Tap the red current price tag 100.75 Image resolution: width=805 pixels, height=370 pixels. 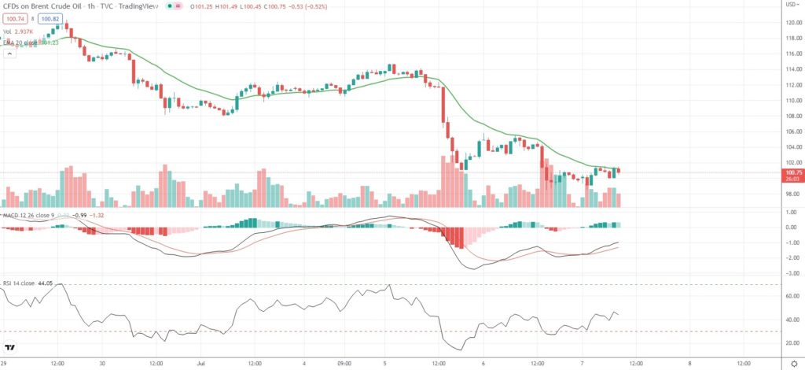(789, 172)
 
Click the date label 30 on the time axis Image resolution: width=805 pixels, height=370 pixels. (104, 364)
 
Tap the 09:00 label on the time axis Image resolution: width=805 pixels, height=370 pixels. (344, 364)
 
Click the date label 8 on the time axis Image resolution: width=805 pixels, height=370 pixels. (689, 364)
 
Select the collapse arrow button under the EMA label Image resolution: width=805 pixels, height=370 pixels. (9, 54)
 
